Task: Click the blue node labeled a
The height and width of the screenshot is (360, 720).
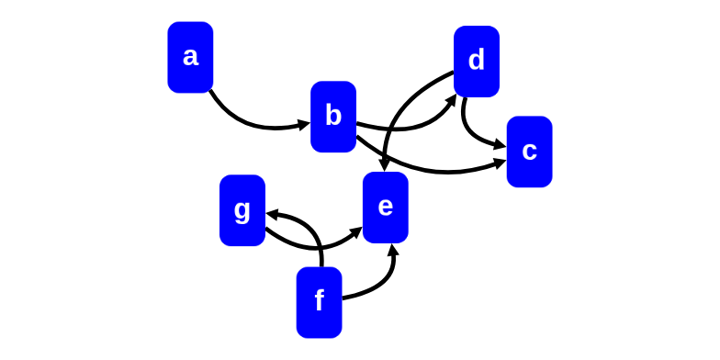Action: pyautogui.click(x=190, y=57)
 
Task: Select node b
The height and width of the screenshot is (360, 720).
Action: pyautogui.click(x=333, y=117)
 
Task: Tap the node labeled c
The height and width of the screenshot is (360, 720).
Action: pyautogui.click(x=529, y=152)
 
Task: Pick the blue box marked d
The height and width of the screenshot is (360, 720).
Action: pyautogui.click(x=476, y=61)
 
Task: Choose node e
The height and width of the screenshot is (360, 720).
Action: pyautogui.click(x=386, y=208)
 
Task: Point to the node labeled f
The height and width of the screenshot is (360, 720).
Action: pyautogui.click(x=319, y=302)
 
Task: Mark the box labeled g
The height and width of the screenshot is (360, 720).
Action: pyautogui.click(x=242, y=210)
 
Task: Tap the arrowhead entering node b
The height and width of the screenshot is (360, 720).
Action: pyautogui.click(x=304, y=125)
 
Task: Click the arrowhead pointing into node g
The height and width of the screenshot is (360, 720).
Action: pyautogui.click(x=273, y=215)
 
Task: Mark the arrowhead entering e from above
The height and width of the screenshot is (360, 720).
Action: pyautogui.click(x=385, y=165)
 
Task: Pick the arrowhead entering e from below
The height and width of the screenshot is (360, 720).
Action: pyautogui.click(x=393, y=250)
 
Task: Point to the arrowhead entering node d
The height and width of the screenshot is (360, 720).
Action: pyautogui.click(x=452, y=100)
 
